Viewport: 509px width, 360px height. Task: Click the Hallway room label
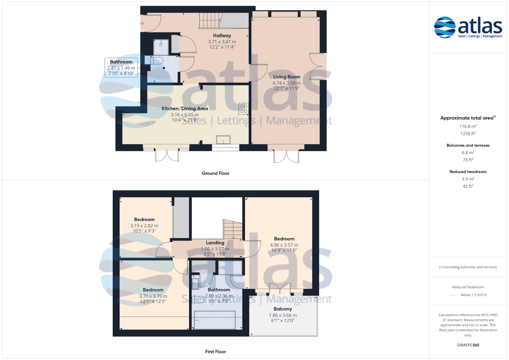(222, 36)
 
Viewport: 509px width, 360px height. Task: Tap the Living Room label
(287, 77)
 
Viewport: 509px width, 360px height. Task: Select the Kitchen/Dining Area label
(185, 109)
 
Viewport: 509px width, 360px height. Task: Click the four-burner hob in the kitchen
(243, 109)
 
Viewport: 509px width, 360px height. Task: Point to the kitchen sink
(223, 140)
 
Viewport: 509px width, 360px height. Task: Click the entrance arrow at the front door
(142, 23)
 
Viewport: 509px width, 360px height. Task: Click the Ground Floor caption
(215, 173)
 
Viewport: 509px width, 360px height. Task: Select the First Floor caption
(215, 352)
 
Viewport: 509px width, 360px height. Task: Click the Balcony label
(283, 309)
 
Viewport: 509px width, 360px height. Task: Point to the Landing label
(215, 243)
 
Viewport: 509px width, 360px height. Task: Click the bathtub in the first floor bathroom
(215, 320)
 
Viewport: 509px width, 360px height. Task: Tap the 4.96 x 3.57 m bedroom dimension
(284, 245)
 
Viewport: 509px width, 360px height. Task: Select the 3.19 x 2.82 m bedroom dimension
(144, 226)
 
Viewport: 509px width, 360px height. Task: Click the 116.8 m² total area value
(468, 126)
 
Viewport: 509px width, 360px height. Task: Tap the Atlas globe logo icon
(445, 27)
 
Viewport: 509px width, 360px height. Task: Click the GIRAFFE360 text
(468, 345)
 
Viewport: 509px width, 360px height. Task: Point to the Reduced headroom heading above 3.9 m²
(468, 172)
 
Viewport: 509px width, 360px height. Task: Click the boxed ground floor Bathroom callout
(121, 67)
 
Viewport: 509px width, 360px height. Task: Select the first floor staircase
(233, 229)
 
